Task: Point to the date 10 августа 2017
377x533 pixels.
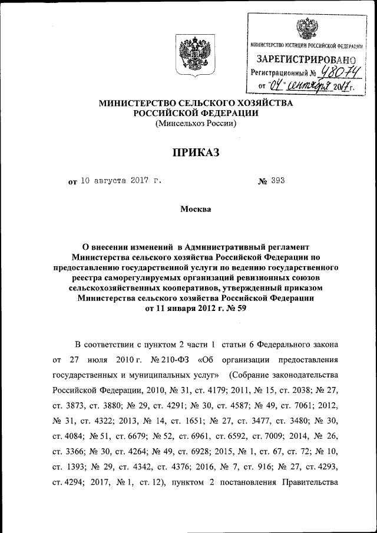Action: (x=114, y=181)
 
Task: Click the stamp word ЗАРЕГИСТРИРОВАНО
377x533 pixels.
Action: (x=306, y=59)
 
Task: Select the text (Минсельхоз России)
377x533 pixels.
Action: (x=196, y=124)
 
